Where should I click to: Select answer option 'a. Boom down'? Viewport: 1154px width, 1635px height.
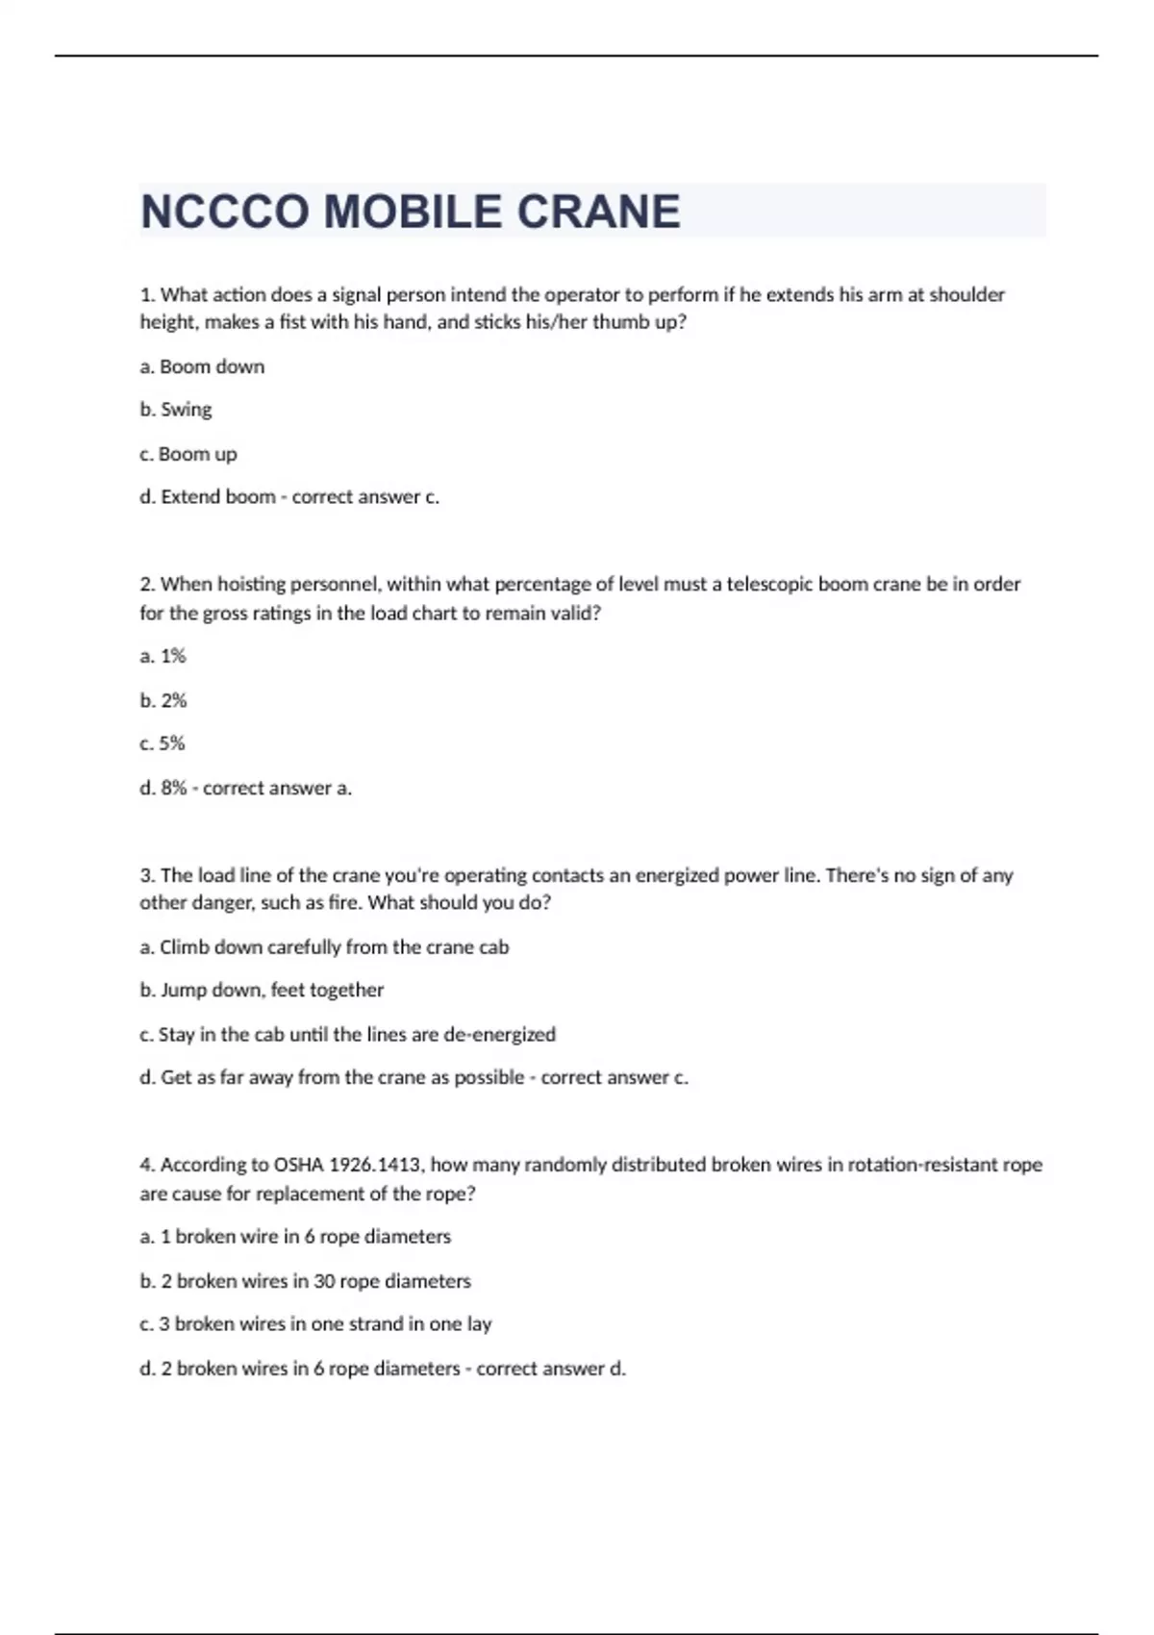(x=202, y=366)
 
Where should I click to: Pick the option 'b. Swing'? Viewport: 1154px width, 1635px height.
(x=176, y=410)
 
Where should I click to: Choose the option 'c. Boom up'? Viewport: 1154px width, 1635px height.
(x=188, y=454)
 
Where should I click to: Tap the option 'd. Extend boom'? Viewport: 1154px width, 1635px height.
(x=208, y=497)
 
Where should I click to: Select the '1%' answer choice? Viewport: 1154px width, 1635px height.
(x=163, y=656)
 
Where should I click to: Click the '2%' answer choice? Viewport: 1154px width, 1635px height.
(x=163, y=700)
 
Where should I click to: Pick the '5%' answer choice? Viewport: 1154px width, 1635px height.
(x=163, y=743)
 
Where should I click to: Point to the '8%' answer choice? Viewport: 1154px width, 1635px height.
(x=163, y=788)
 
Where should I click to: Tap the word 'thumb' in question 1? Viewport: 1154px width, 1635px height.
(x=618, y=322)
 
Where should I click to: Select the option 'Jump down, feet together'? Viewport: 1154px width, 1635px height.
(x=262, y=990)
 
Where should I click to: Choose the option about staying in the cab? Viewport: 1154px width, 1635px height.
(x=347, y=1034)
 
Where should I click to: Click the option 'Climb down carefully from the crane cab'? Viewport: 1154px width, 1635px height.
(x=324, y=947)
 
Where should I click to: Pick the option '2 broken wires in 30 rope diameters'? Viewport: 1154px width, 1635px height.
(x=305, y=1281)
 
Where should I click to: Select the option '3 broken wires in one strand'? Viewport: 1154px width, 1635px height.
(x=315, y=1323)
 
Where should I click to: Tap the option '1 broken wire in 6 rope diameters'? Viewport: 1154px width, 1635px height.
(x=295, y=1237)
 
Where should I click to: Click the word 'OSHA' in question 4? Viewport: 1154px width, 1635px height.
(x=298, y=1165)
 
